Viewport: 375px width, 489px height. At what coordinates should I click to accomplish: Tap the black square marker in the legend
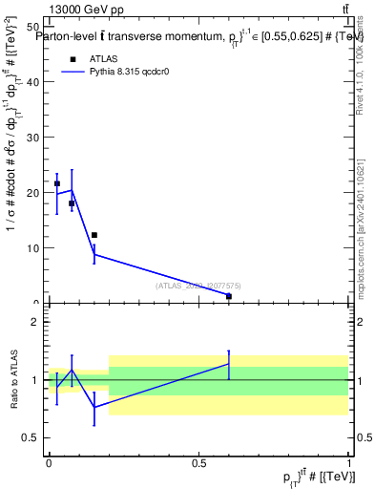pos(72,58)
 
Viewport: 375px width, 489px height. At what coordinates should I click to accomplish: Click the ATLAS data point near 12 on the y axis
pos(94,235)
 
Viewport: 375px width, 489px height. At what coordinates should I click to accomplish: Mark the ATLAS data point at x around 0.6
pos(229,296)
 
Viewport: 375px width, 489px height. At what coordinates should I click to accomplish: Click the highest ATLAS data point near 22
pos(57,183)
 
